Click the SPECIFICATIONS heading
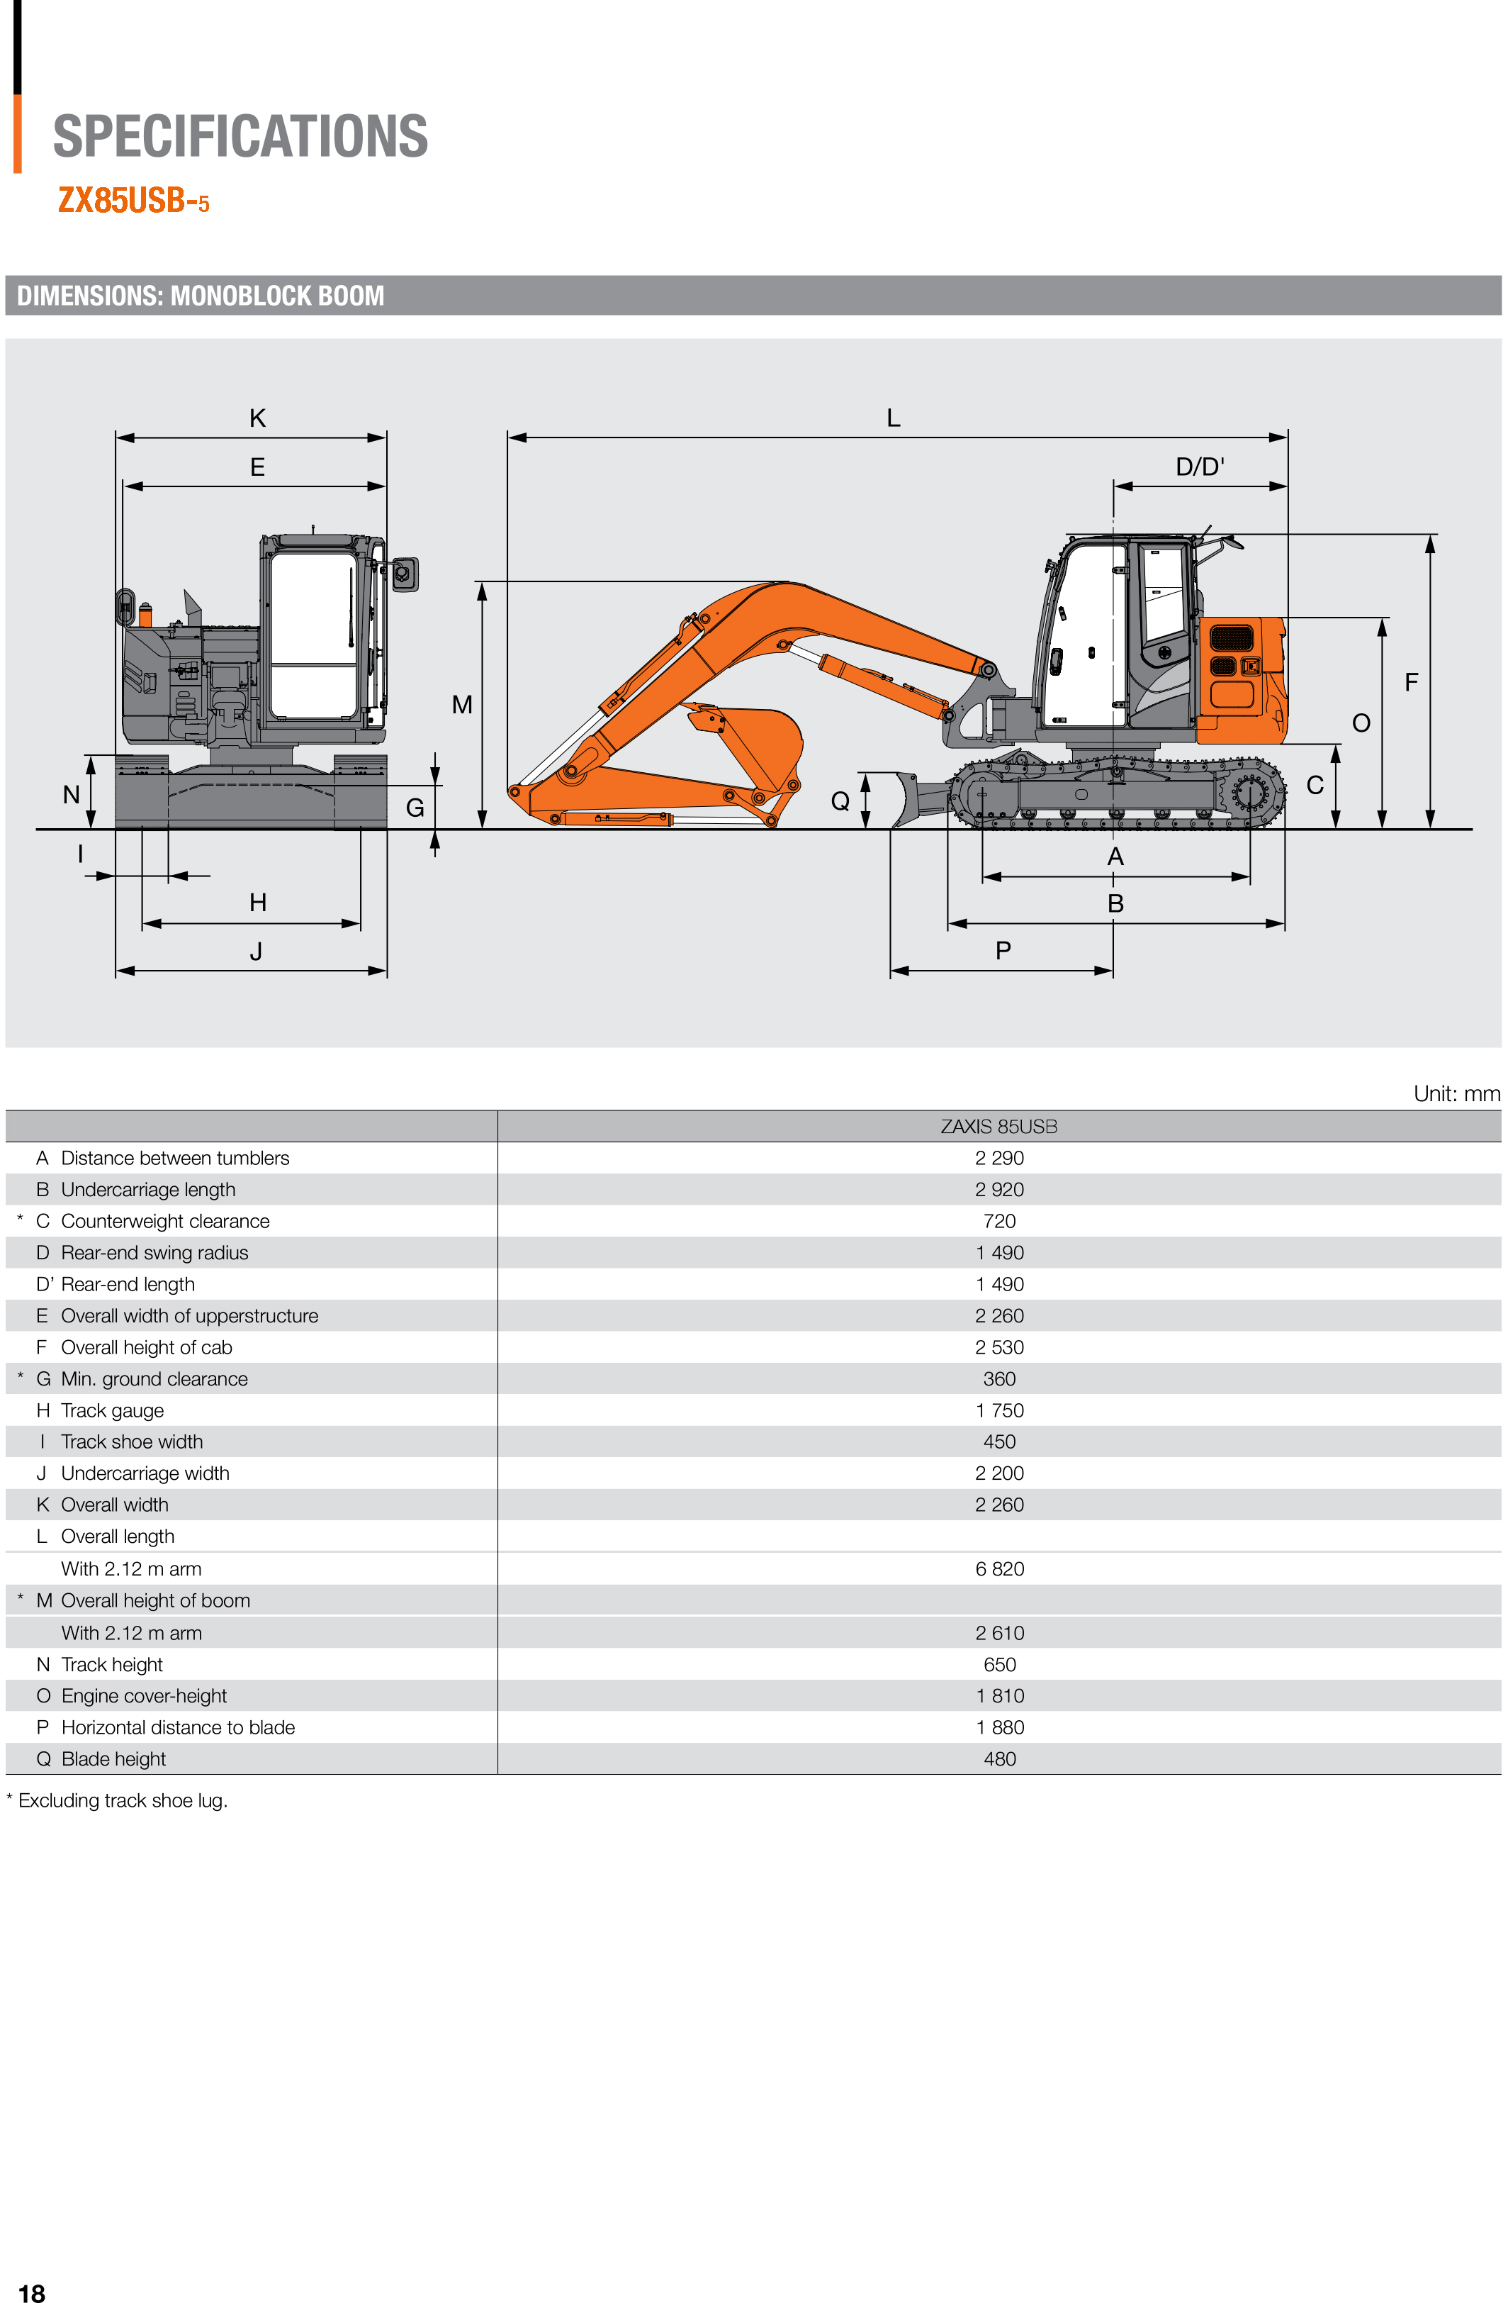tap(240, 136)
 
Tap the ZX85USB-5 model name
tap(133, 200)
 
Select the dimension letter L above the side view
tap(893, 418)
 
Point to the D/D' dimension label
tap(1200, 467)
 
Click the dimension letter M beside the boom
tap(462, 705)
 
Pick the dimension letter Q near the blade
tap(840, 801)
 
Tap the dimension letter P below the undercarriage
tap(1003, 952)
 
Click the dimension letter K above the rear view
tap(257, 418)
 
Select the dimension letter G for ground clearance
tap(415, 808)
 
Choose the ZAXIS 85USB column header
tap(998, 1127)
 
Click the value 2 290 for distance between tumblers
tap(999, 1159)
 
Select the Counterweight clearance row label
tap(164, 1221)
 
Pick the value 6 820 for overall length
tap(999, 1568)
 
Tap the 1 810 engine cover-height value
tap(999, 1695)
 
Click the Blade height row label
tap(113, 1758)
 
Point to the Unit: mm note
tap(1456, 1093)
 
